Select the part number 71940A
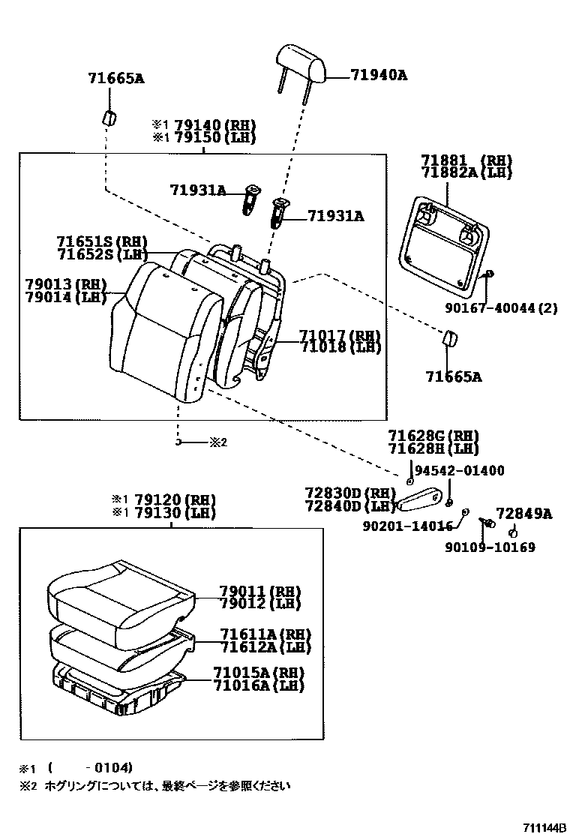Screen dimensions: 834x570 379,75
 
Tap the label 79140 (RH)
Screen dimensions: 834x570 214,125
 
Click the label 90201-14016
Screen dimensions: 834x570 409,526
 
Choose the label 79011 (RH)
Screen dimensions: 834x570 259,591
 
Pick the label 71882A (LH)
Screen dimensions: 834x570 466,172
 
